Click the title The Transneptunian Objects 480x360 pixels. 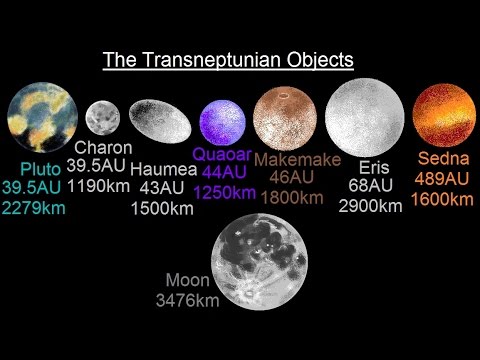click(228, 60)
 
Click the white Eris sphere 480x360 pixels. click(364, 123)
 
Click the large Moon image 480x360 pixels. click(265, 270)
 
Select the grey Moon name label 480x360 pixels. click(189, 281)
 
